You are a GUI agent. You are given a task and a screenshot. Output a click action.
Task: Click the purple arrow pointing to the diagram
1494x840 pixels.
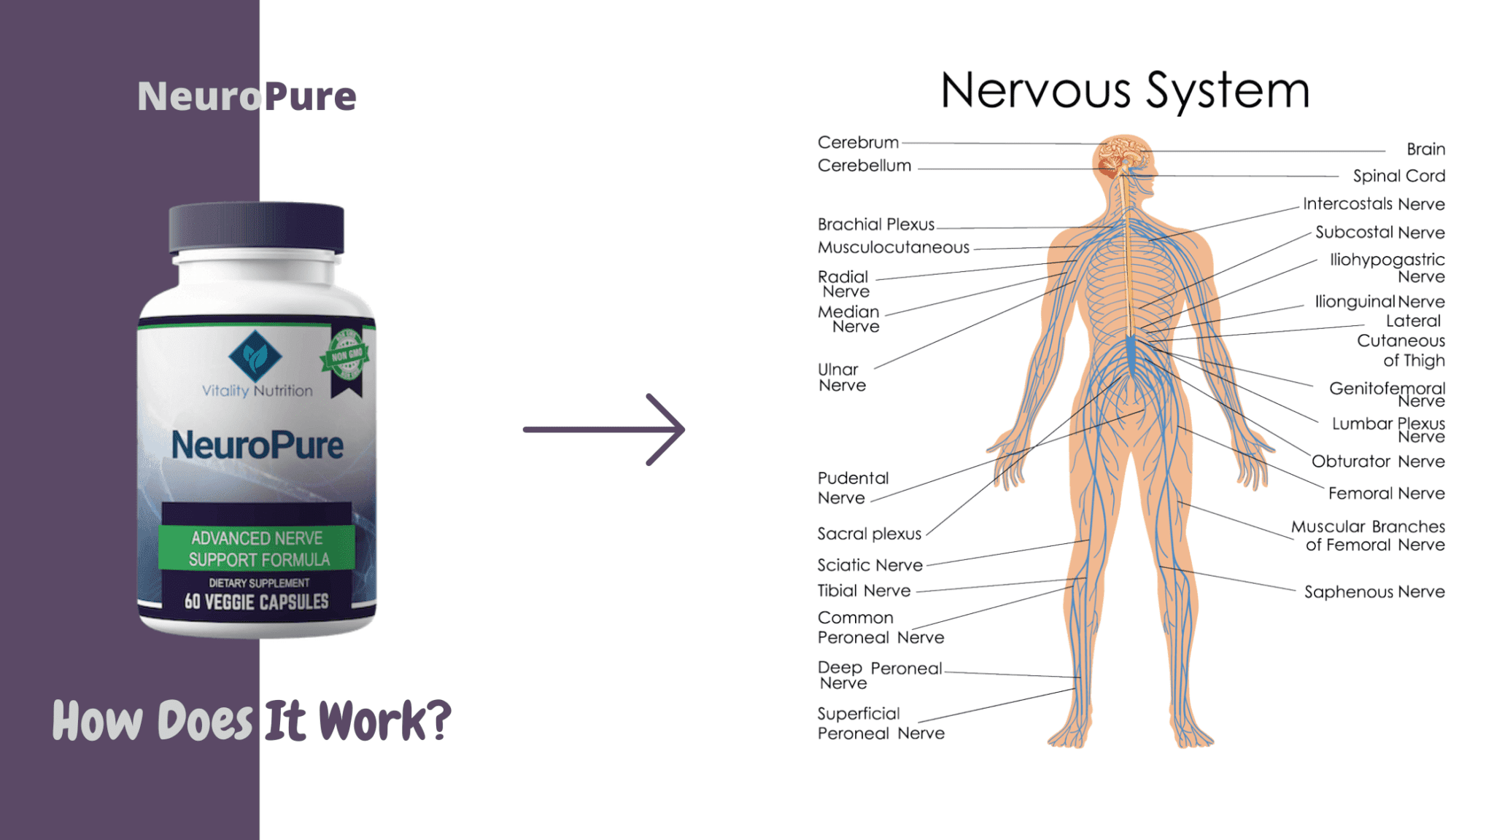(x=604, y=429)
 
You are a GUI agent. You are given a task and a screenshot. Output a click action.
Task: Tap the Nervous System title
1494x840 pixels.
(x=1125, y=92)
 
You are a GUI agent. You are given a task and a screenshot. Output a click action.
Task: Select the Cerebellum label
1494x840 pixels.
(x=864, y=166)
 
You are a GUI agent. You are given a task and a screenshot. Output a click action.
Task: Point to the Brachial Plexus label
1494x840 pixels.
(x=875, y=224)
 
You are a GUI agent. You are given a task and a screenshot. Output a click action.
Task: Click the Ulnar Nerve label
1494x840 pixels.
(x=842, y=377)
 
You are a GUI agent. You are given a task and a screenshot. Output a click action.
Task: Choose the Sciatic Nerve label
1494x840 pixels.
(x=870, y=565)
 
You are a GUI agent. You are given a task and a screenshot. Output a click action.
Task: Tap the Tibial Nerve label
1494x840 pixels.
(x=864, y=591)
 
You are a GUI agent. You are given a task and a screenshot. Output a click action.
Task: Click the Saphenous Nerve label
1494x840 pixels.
(x=1374, y=591)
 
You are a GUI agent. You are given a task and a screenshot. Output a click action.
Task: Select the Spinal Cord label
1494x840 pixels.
(x=1398, y=176)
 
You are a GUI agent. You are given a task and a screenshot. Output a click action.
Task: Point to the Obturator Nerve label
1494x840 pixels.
(x=1378, y=461)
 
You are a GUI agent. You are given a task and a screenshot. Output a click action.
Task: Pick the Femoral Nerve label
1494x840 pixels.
(x=1386, y=493)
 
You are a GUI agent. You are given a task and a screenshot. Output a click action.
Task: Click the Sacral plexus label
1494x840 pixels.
(x=869, y=534)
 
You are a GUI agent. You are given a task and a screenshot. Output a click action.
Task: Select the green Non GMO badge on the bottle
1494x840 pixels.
(x=347, y=356)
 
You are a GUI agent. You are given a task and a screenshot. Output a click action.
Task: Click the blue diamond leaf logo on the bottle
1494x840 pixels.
(x=255, y=356)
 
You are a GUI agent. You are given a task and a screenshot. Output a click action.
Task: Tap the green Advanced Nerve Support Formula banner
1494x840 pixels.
(x=257, y=548)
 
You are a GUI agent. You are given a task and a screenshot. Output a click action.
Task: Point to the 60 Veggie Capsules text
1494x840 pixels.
(x=257, y=602)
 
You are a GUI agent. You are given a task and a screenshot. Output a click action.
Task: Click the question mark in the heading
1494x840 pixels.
(x=436, y=720)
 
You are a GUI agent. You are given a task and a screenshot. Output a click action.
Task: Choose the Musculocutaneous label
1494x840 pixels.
(x=894, y=247)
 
